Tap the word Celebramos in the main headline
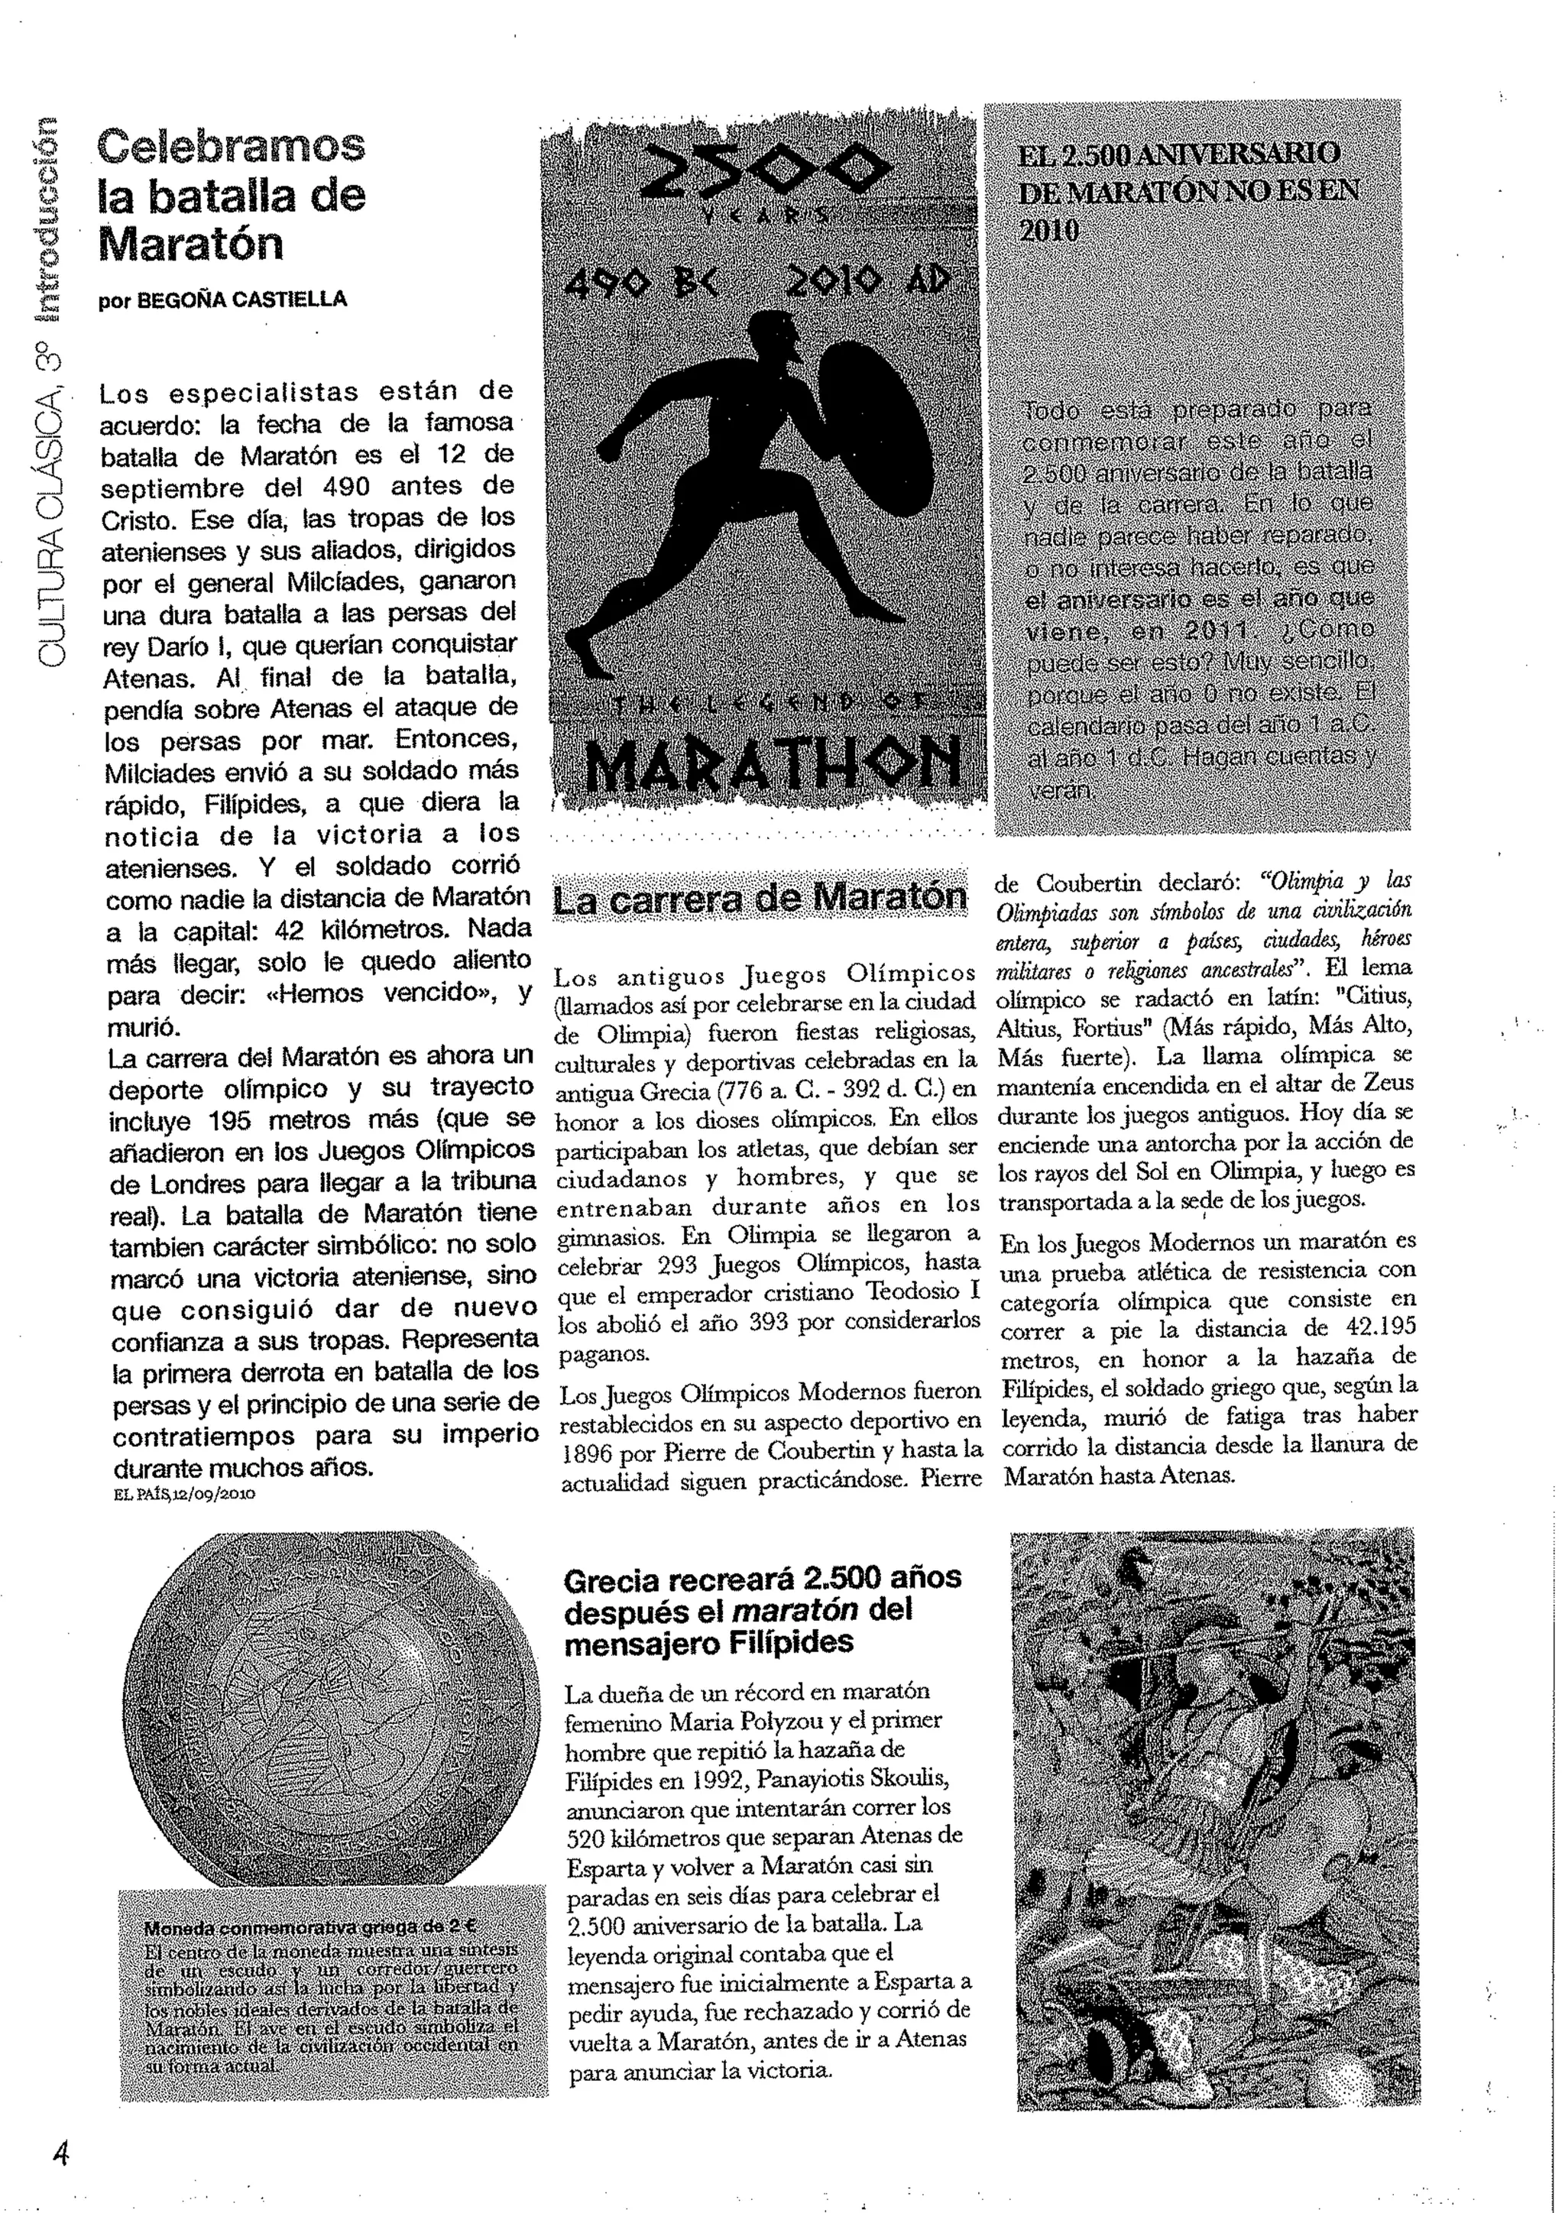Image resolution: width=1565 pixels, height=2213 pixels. point(232,147)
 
